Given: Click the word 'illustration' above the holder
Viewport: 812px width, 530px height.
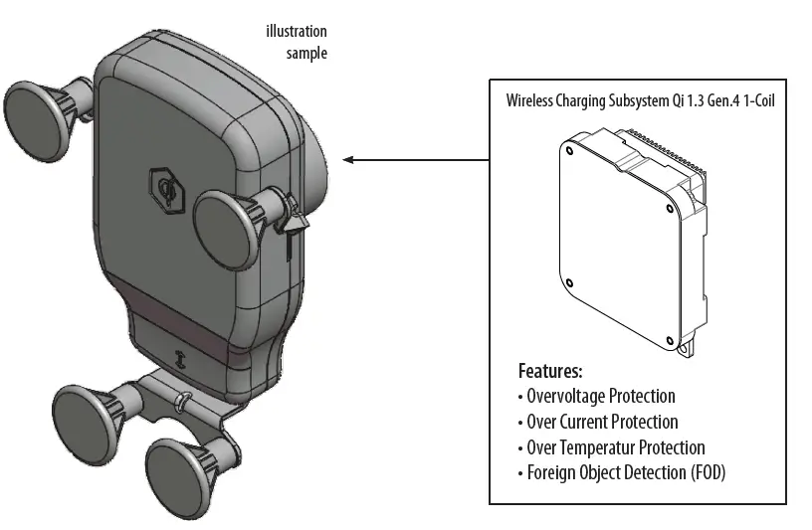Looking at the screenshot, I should [297, 32].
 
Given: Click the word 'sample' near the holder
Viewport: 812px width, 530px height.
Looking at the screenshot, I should [306, 53].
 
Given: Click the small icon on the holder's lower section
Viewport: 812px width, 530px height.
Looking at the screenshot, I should [181, 360].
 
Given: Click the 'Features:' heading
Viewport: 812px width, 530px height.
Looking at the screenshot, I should [549, 372].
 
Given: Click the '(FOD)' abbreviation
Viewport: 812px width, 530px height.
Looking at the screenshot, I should [708, 472].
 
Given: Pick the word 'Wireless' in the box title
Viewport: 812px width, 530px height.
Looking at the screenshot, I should [531, 100].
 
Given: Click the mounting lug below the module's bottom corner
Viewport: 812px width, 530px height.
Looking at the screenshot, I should [685, 348].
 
